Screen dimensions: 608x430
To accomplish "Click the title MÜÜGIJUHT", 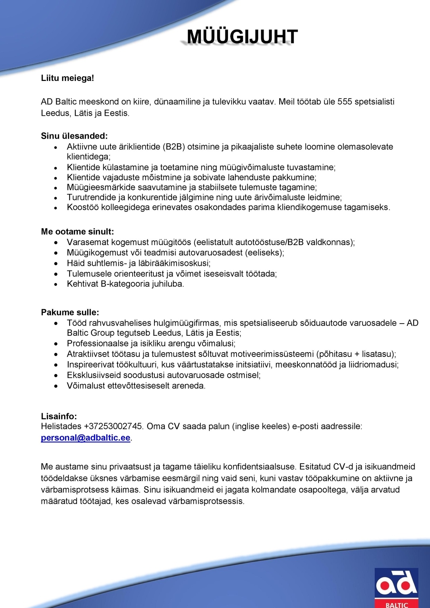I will pyautogui.click(x=242, y=37).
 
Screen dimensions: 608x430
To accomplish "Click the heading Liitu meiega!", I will pyautogui.click(x=67, y=78).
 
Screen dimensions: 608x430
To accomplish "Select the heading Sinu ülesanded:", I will pyautogui.click(x=74, y=136).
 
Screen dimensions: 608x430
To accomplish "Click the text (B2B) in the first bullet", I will pyautogui.click(x=174, y=147).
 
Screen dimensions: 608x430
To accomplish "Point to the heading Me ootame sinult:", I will pyautogui.click(x=77, y=231).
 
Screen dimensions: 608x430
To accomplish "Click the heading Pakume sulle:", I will pyautogui.click(x=70, y=312).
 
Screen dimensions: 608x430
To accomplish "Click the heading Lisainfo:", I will pyautogui.click(x=59, y=416).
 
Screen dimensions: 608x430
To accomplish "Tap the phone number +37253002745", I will pyautogui.click(x=113, y=426).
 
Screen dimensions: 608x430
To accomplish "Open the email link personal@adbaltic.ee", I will pyautogui.click(x=86, y=438).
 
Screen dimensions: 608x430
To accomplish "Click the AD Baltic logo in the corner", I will pyautogui.click(x=396, y=588).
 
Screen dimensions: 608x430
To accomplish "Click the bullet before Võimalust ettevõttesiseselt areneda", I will pyautogui.click(x=56, y=386).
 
